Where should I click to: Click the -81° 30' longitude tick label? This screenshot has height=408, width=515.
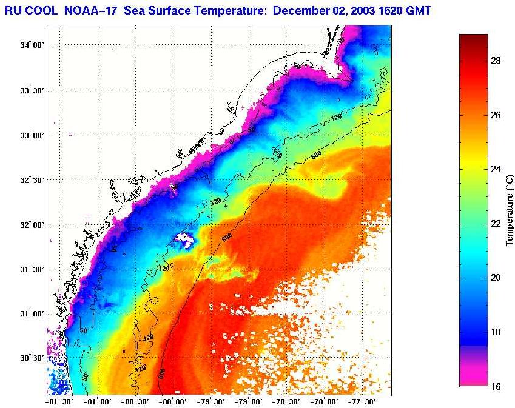click(x=58, y=401)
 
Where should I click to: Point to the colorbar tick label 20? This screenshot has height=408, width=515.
click(x=495, y=278)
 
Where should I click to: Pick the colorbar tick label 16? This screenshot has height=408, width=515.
click(x=495, y=386)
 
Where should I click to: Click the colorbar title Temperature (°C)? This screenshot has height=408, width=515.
click(x=510, y=209)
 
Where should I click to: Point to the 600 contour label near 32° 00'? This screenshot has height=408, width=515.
click(x=227, y=238)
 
